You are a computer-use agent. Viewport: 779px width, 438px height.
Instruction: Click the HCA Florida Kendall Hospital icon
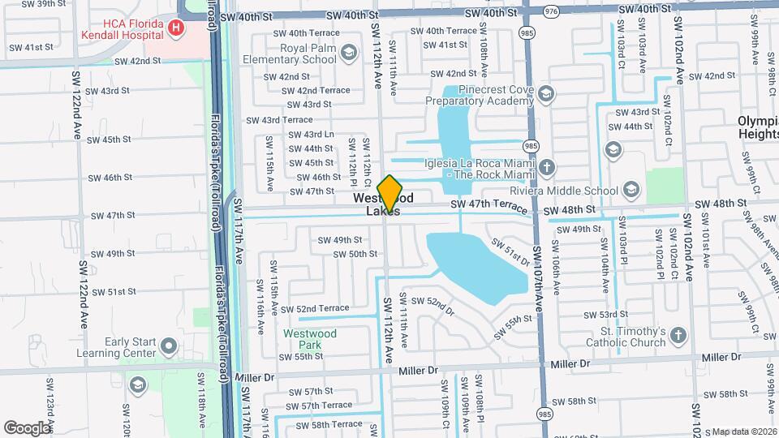tap(176, 28)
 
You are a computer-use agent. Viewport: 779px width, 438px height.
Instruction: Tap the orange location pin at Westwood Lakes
tap(390, 194)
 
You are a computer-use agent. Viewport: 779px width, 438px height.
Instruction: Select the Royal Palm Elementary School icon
tap(348, 54)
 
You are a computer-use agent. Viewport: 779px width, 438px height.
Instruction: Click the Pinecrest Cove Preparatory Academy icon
tap(545, 94)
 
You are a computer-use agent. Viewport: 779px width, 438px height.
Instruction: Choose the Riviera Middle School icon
tap(632, 191)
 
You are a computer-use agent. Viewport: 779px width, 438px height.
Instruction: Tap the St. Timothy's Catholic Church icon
tap(678, 334)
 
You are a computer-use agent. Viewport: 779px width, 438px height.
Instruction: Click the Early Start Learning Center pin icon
tap(168, 347)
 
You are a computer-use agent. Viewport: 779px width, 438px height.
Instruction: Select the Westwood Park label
tap(303, 339)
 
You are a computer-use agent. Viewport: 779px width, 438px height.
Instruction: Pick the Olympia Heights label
tap(758, 127)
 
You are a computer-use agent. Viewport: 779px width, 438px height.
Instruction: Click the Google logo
tap(27, 427)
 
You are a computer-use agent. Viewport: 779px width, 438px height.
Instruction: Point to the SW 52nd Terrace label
tap(311, 308)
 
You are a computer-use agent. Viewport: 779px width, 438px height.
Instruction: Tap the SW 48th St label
tap(570, 210)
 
